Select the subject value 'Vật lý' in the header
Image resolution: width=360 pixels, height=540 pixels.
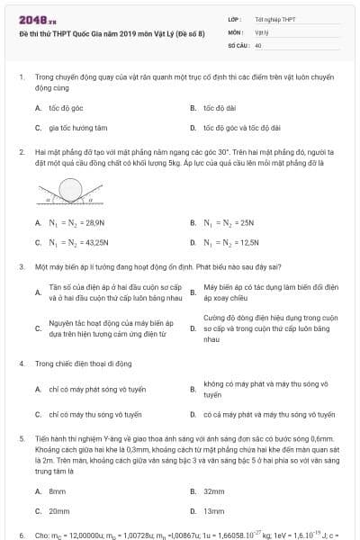pos(262,31)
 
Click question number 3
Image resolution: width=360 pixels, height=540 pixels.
pos(21,267)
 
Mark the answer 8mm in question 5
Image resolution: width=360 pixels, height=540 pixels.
pos(58,491)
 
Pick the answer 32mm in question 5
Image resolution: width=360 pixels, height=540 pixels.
pos(213,491)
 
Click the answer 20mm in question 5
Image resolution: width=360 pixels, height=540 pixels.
pos(59,511)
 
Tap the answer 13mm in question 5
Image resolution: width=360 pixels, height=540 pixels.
pos(213,511)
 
